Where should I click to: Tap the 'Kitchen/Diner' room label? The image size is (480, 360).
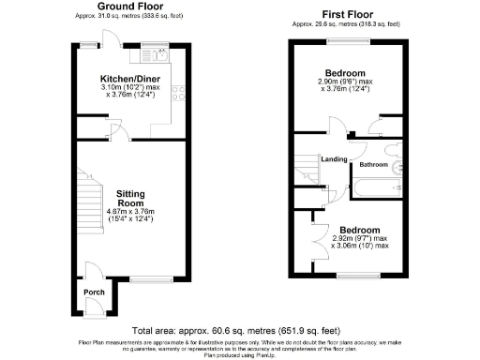pos(128,79)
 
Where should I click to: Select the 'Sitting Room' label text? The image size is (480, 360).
pos(130,199)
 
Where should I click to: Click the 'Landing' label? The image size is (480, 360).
pos(335,158)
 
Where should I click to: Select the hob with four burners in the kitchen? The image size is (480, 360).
pos(176,94)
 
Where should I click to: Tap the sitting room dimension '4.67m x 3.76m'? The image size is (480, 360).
pos(130,212)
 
